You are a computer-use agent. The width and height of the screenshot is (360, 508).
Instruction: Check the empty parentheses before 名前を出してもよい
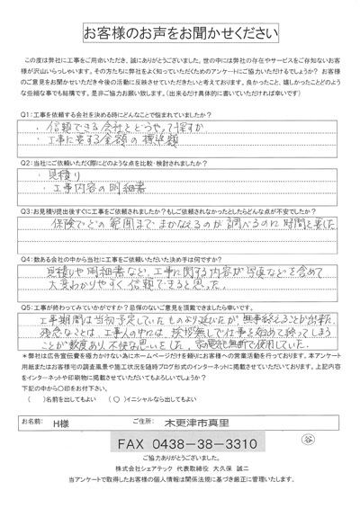(x=33, y=397)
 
